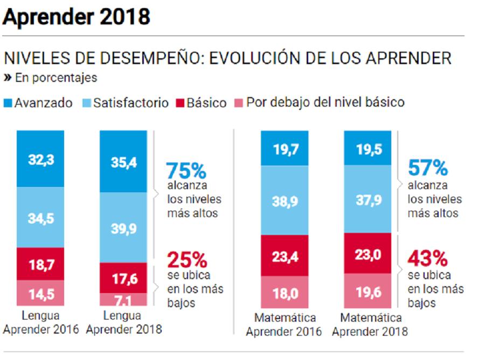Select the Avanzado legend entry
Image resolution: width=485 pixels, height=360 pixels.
click(x=38, y=103)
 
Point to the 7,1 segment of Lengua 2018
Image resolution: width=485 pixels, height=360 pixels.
click(x=123, y=300)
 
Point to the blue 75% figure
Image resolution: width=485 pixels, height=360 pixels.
click(x=186, y=171)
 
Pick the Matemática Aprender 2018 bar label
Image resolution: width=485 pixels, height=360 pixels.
click(x=370, y=324)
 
